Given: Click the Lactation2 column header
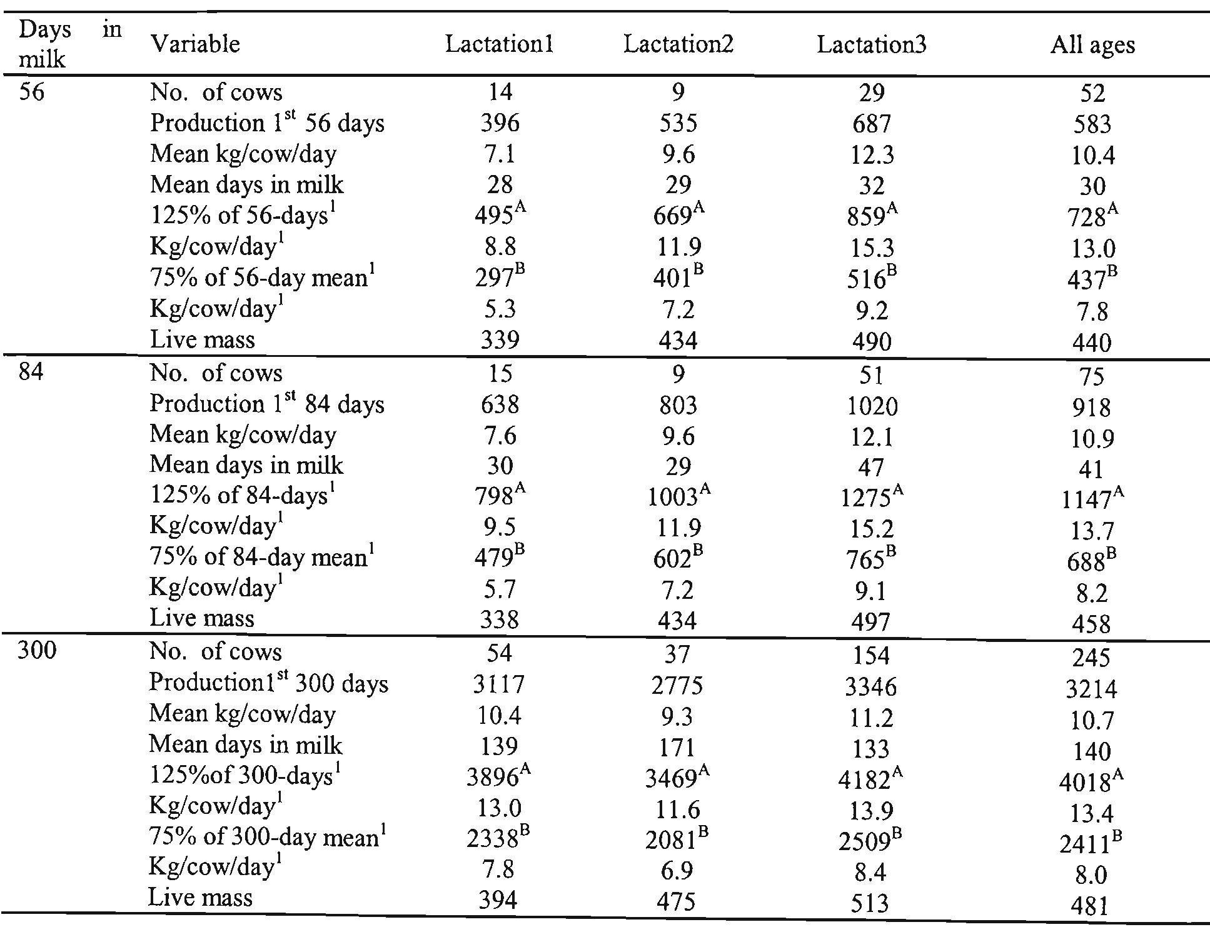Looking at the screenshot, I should pos(678,44).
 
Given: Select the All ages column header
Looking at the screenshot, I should pos(1092,46).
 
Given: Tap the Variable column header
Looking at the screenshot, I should pos(195,44).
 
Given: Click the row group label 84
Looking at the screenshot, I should pos(31,373).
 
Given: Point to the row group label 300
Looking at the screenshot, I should pos(37,651).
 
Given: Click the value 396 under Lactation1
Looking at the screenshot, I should pos(500,123).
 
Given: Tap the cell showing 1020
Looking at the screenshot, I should pos(871,406).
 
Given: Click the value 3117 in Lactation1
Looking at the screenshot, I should pos(498,684).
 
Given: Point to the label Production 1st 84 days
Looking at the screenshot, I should pos(267,404).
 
